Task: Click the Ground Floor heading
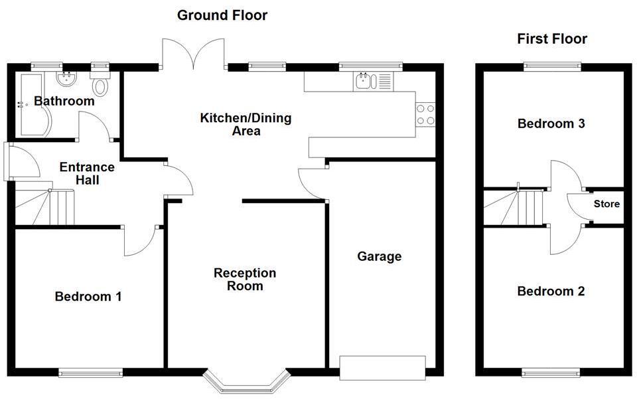click(222, 15)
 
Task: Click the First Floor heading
click(551, 39)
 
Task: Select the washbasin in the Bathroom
click(66, 80)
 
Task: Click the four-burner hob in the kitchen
click(425, 115)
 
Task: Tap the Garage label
click(379, 256)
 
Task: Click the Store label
click(606, 204)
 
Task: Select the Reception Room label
click(245, 279)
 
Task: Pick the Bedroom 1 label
click(88, 296)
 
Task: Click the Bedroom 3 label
click(551, 123)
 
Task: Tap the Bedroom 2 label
click(551, 291)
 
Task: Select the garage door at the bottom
click(382, 367)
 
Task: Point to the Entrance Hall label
click(87, 173)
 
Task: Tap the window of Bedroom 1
click(90, 372)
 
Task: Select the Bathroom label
click(64, 102)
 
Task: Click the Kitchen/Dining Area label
click(246, 125)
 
